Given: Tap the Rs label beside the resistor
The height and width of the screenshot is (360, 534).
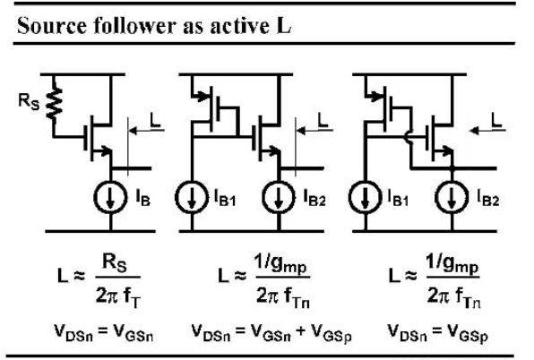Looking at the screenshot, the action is (x=29, y=102).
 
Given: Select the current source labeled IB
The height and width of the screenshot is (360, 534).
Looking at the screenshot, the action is (x=110, y=197).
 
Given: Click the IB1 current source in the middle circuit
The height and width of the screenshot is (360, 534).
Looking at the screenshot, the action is (x=192, y=197).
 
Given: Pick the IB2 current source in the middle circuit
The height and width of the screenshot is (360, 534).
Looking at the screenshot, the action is (x=279, y=197).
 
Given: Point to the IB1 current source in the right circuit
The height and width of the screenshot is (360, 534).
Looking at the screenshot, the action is (x=365, y=197).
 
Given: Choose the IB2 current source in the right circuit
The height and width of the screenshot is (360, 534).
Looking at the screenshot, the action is (x=452, y=197).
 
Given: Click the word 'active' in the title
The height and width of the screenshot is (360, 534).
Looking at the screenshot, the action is (x=237, y=25).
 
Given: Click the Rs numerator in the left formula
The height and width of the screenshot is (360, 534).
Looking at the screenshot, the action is (x=115, y=263).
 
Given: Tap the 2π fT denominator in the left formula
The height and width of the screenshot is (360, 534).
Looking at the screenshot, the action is (x=118, y=296).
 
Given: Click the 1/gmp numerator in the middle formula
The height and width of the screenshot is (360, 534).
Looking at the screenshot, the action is (x=280, y=264).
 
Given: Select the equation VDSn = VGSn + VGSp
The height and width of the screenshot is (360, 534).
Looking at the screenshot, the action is (x=271, y=332).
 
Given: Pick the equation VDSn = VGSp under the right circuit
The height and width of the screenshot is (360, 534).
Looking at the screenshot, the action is (x=438, y=332).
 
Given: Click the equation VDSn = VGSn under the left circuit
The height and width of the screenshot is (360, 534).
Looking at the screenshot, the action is (x=104, y=332).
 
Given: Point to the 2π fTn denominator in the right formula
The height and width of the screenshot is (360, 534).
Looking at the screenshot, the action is (x=453, y=296).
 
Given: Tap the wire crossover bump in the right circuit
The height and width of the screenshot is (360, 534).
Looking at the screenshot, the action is (x=407, y=137).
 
